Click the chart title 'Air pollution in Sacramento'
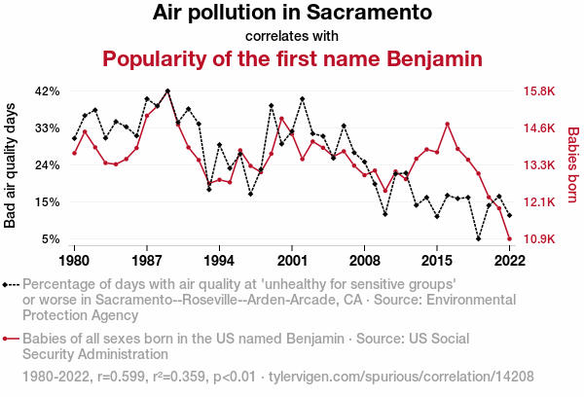292,14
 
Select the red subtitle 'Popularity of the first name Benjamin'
292,59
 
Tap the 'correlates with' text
292,36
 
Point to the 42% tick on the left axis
48,91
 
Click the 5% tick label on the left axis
52,239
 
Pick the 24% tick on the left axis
48,165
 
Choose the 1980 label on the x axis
74,261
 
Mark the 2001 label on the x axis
292,261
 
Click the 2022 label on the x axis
509,261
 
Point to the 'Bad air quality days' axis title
12,165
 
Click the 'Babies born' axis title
573,165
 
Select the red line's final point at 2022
509,238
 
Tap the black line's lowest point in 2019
478,238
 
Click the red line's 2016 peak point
447,125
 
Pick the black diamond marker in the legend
8,285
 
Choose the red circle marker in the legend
8,340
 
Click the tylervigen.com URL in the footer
400,375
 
